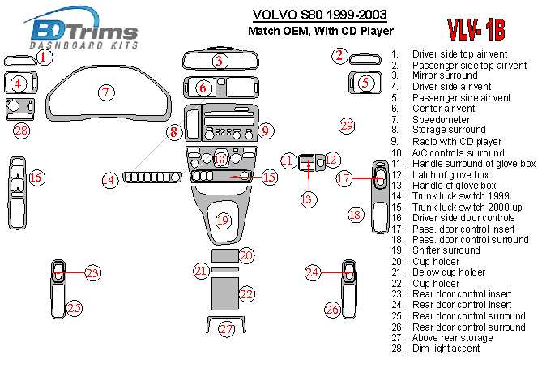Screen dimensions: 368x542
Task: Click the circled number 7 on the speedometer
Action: click(105, 92)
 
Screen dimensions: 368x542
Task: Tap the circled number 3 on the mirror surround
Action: click(219, 61)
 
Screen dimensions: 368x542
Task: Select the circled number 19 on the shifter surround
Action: click(224, 220)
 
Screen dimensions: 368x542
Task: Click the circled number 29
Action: click(347, 126)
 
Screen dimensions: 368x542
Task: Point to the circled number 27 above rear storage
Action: click(226, 329)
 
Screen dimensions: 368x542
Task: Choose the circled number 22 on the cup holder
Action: click(246, 293)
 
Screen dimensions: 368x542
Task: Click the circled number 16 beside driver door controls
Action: click(36, 178)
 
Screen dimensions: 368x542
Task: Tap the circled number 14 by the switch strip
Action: click(109, 179)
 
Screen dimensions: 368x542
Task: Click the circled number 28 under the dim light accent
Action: click(21, 131)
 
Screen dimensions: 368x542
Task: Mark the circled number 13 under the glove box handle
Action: click(307, 199)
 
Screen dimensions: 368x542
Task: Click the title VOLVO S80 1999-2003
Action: click(319, 15)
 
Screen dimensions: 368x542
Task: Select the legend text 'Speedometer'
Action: click(437, 119)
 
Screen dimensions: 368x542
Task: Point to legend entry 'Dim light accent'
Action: click(446, 349)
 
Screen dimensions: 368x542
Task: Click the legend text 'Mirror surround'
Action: click(445, 75)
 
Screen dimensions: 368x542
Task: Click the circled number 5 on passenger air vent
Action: click(365, 82)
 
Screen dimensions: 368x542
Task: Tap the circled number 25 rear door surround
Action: click(74, 308)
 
